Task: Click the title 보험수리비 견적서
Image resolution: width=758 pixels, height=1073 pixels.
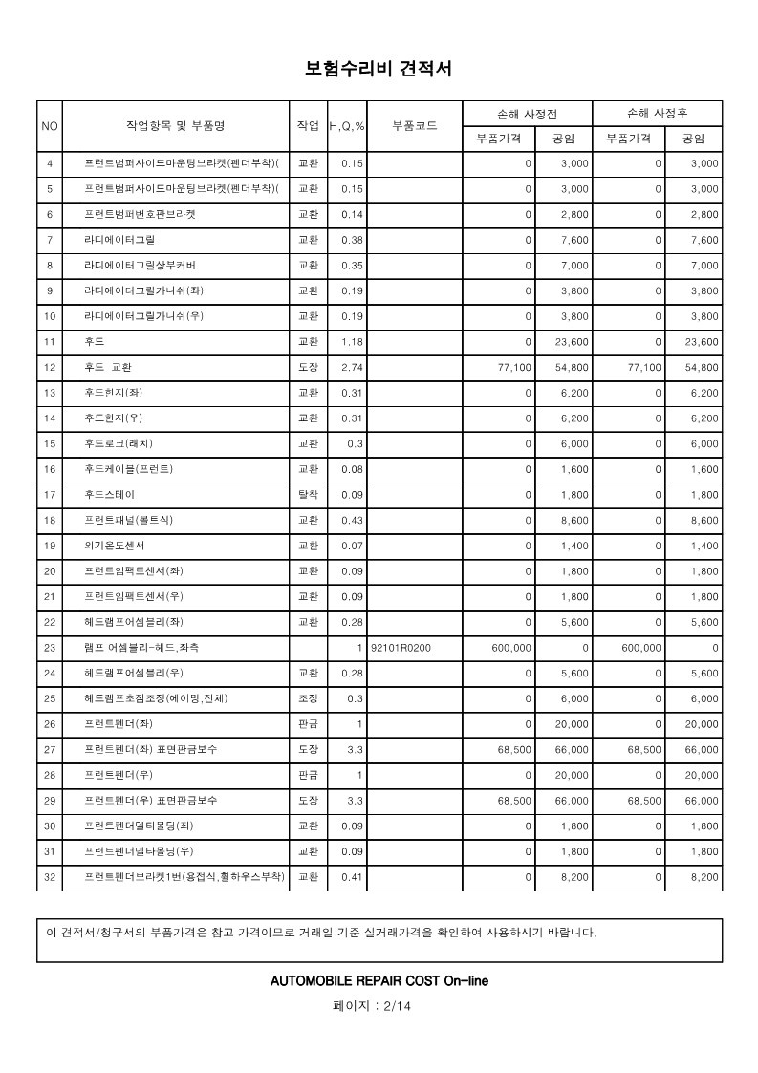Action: tap(378, 69)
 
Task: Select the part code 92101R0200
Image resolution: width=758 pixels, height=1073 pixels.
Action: tap(400, 648)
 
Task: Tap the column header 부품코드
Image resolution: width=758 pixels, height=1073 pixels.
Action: tap(415, 126)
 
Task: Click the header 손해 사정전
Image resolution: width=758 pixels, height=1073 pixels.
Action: tap(528, 113)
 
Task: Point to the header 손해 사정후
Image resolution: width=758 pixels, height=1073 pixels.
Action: tap(658, 113)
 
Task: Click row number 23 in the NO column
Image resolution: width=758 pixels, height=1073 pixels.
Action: tap(50, 648)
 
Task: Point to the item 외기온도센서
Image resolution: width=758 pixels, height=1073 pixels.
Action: tap(115, 546)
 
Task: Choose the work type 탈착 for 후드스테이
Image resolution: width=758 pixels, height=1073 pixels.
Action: tap(309, 495)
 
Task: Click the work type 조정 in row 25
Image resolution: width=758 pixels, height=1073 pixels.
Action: tap(309, 698)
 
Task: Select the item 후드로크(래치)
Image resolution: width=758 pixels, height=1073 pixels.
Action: tap(119, 443)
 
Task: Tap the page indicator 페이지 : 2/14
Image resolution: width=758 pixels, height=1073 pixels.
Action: tap(378, 1006)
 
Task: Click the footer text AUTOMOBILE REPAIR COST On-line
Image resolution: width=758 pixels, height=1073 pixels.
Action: tap(379, 981)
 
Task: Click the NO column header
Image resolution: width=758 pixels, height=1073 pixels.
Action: tap(50, 126)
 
